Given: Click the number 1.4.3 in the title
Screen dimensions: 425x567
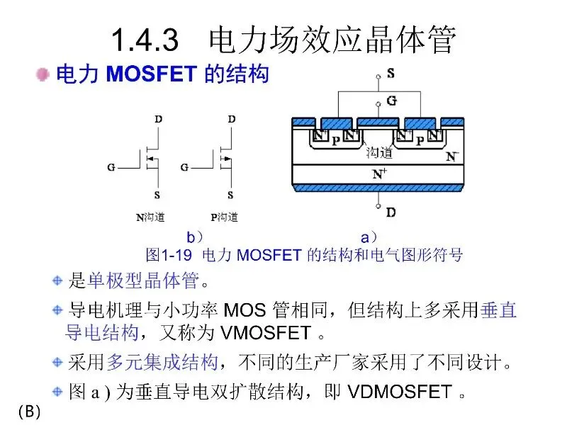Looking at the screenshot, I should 145,40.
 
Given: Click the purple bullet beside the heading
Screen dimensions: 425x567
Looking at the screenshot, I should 44,74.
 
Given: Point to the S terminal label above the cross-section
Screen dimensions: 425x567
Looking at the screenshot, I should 391,73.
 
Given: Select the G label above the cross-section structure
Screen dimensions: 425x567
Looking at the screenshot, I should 392,101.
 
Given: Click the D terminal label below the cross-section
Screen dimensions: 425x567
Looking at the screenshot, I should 391,211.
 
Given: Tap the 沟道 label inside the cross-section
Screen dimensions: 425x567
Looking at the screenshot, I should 379,152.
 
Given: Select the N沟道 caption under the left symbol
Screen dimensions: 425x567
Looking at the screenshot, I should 150,217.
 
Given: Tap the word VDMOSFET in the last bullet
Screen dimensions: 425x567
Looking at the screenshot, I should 400,392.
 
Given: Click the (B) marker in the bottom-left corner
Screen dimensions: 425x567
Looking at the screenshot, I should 29,412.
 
